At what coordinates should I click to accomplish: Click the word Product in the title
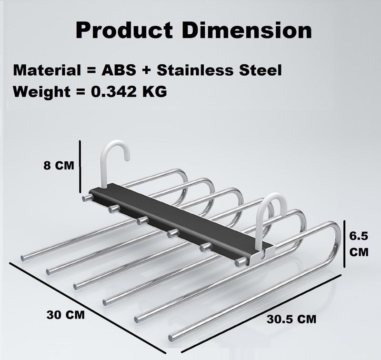pyautogui.click(x=124, y=30)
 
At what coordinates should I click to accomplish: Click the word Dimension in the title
pyautogui.click(x=247, y=30)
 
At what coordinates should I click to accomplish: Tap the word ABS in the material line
pyautogui.click(x=119, y=70)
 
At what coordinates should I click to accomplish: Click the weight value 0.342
pyautogui.click(x=113, y=92)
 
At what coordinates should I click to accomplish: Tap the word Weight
pyautogui.click(x=42, y=92)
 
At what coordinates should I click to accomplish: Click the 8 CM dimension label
pyautogui.click(x=59, y=165)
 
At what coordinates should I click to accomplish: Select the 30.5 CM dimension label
pyautogui.click(x=291, y=319)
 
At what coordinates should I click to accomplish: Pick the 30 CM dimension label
pyautogui.click(x=66, y=315)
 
